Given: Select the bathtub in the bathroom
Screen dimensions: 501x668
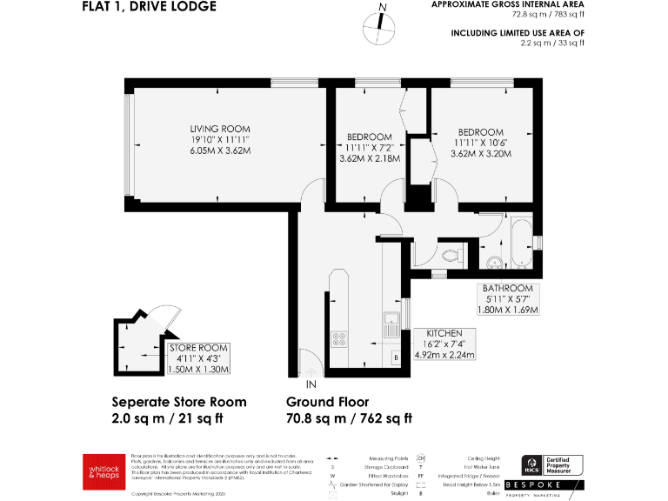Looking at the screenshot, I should (519, 245).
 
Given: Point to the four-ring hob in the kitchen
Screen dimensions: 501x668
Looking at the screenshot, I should (339, 340).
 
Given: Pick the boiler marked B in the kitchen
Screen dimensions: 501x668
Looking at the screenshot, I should (396, 357).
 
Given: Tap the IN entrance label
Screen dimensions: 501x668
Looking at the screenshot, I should (311, 383).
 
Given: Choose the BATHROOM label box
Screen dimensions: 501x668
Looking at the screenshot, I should (508, 299).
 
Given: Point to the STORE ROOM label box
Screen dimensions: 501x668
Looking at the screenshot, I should (199, 358).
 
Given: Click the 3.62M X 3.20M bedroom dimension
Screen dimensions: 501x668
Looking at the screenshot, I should (480, 154).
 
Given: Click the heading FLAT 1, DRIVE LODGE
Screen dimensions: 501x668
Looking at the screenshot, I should (149, 7).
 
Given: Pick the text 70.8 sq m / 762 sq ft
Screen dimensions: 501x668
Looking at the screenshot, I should (349, 419).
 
